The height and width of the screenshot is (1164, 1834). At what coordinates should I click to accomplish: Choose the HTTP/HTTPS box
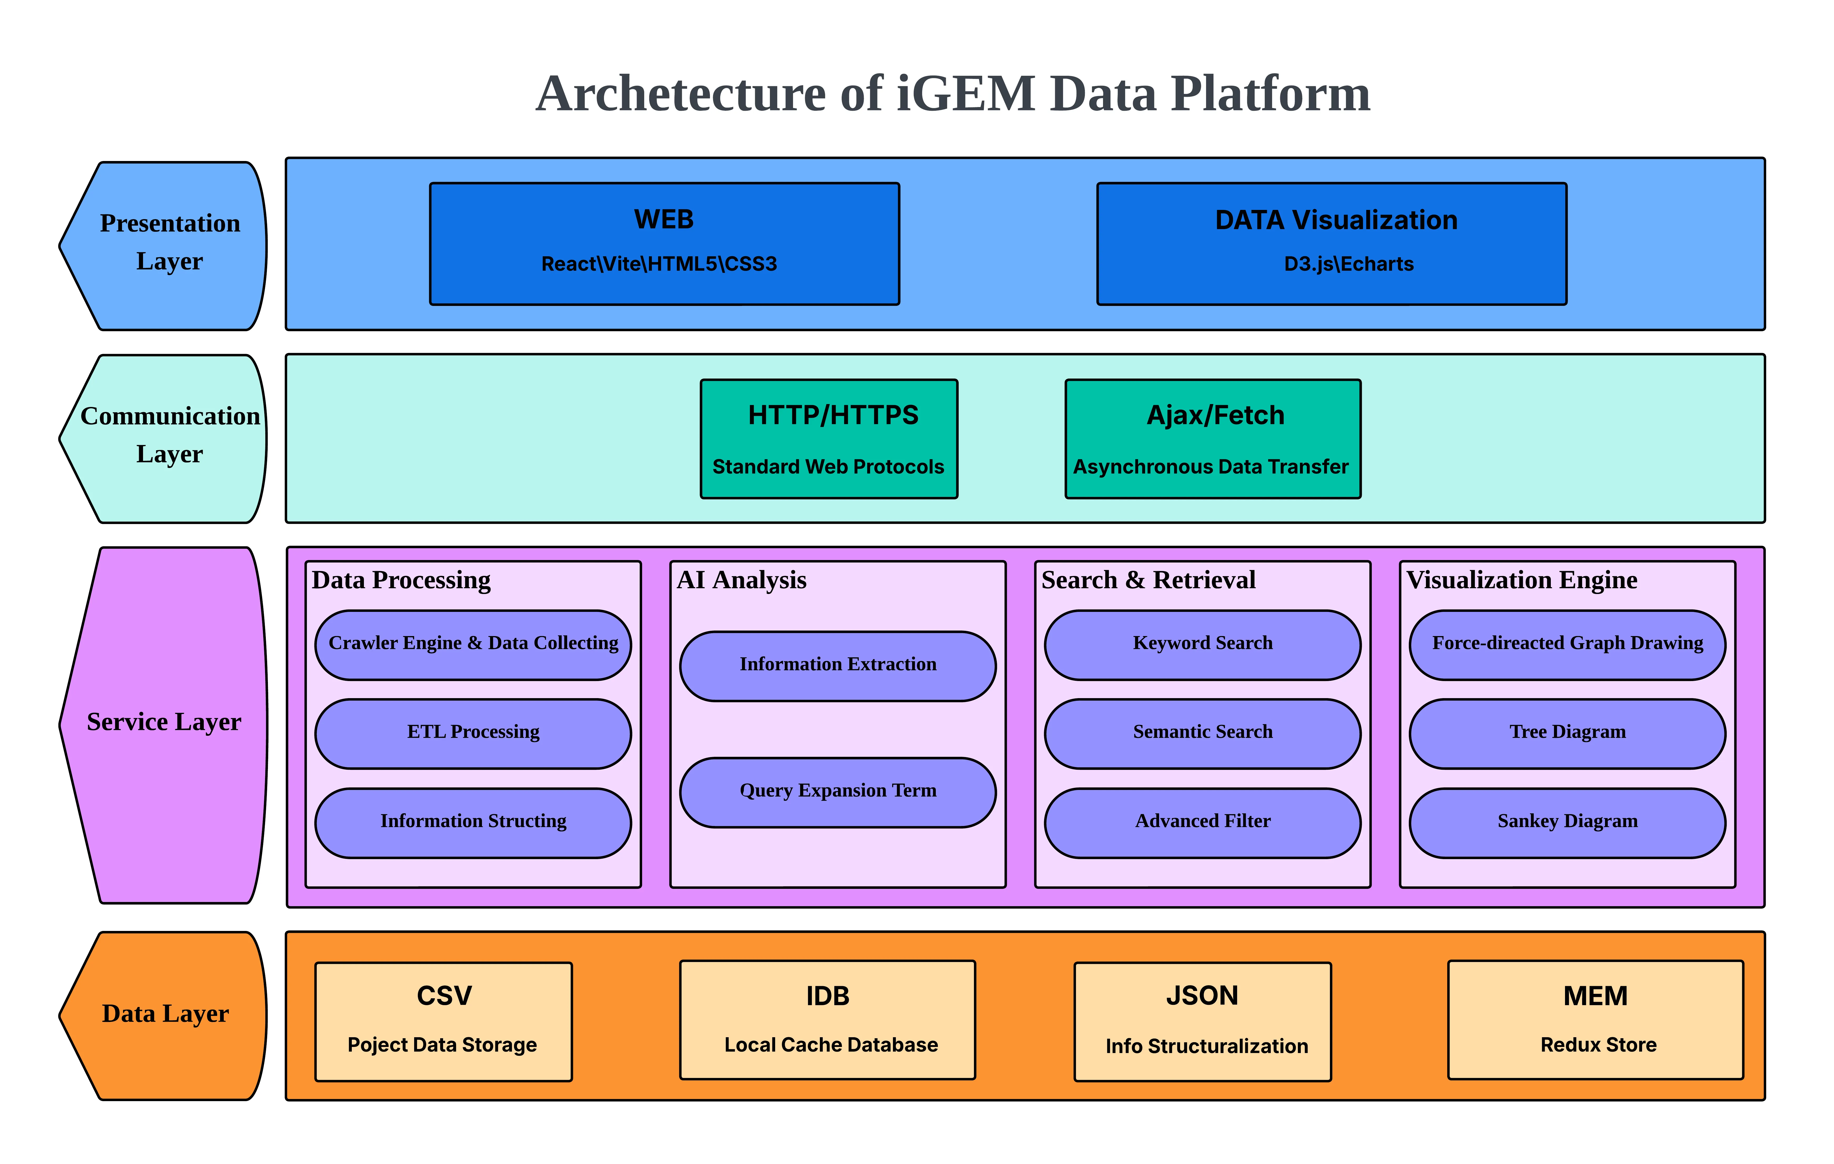tap(829, 439)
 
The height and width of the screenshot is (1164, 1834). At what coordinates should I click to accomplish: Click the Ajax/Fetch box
tap(1212, 439)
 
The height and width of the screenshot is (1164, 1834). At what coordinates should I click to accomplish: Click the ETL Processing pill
tap(473, 733)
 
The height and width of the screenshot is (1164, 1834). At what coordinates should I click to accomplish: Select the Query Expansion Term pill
tap(838, 792)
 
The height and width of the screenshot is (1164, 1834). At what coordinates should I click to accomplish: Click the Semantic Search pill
tap(1203, 733)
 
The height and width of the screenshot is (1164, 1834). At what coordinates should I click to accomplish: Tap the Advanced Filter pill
tap(1203, 822)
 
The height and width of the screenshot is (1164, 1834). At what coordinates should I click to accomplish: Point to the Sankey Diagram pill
tap(1567, 822)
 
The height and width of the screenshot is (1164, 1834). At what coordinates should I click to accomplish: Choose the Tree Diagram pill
tap(1567, 733)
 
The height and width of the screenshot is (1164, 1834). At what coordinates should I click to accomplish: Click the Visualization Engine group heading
tap(1521, 581)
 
